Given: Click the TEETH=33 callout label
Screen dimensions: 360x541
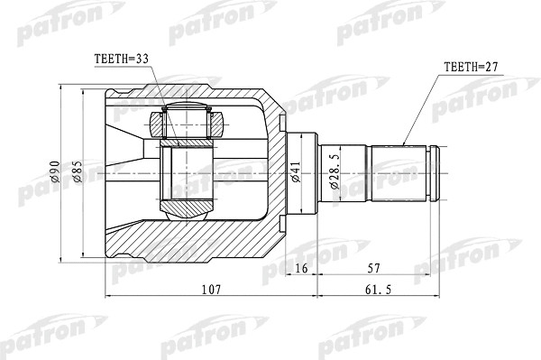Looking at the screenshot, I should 123,60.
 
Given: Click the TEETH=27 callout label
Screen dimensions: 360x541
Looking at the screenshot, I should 472,66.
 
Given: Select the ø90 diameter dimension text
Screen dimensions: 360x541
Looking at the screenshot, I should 55,172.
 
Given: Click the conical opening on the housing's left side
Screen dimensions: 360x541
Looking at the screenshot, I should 126,171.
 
